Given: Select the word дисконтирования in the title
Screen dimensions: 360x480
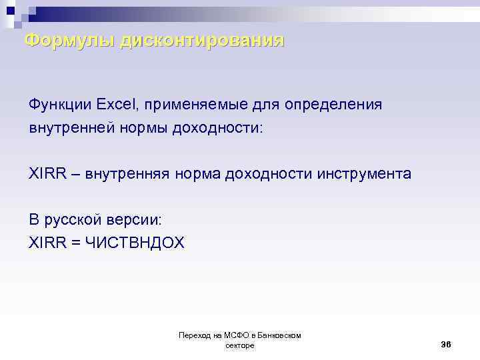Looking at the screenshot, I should point(202,41).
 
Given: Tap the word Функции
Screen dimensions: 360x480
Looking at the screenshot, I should point(59,105).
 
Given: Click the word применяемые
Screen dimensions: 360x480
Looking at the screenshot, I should point(193,105).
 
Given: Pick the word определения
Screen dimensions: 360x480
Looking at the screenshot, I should point(333,105).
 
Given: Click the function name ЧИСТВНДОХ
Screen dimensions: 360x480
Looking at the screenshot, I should point(134,243).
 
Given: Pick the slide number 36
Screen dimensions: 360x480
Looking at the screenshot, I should point(446,344).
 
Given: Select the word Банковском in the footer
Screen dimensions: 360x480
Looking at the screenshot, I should point(279,335).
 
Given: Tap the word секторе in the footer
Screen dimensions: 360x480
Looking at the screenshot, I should point(240,345).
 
